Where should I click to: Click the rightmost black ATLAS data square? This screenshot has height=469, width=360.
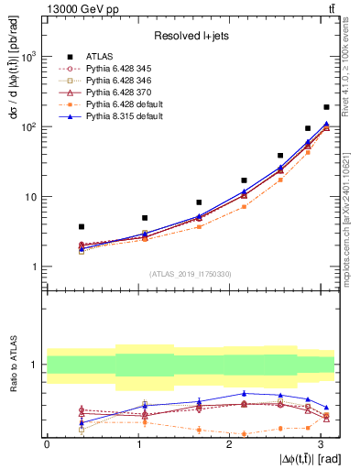pos(326,107)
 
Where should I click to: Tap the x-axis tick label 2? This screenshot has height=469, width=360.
pos(229,444)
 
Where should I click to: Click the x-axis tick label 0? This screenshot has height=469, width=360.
pos(46,444)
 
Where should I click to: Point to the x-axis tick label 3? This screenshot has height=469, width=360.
pos(320,444)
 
